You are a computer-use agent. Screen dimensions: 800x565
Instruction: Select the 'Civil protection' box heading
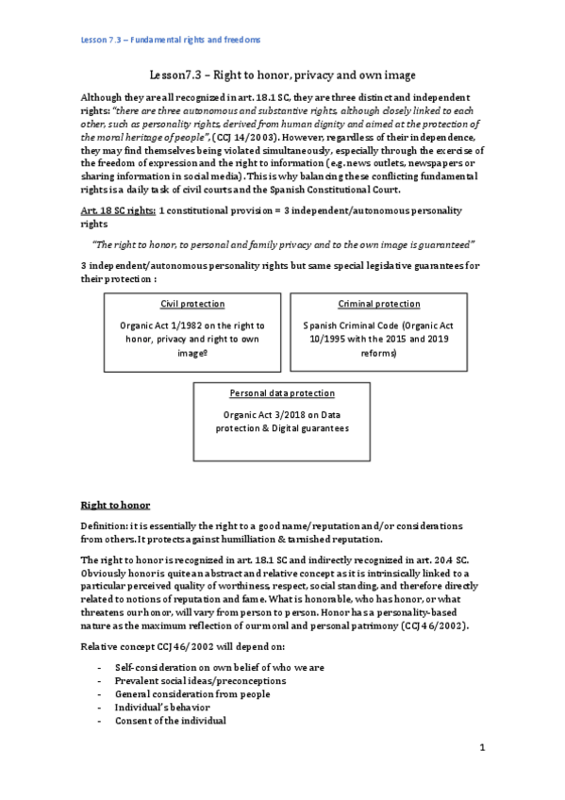[x=192, y=304]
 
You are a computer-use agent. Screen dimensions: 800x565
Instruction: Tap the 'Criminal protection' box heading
[x=378, y=304]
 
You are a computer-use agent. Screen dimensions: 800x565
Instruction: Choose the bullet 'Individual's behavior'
[x=162, y=707]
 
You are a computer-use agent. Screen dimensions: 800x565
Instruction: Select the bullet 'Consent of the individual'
[x=172, y=721]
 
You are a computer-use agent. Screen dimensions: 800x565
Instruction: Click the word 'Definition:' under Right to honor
[x=107, y=525]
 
